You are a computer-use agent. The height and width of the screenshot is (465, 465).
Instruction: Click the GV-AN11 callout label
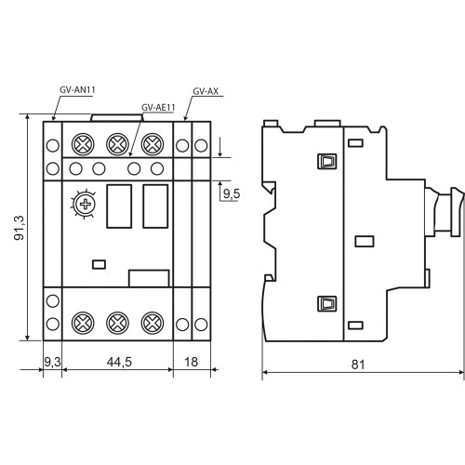tap(77, 90)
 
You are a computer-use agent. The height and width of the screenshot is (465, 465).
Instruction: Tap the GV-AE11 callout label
tap(158, 107)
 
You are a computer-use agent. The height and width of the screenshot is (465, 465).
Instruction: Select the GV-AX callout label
tap(206, 91)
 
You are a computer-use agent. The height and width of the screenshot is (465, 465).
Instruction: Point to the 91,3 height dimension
tap(20, 228)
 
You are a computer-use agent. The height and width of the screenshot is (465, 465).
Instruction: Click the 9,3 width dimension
tap(52, 362)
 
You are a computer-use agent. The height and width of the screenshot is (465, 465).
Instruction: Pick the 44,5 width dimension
tap(119, 362)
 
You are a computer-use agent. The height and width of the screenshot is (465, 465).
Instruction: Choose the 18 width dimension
tap(191, 362)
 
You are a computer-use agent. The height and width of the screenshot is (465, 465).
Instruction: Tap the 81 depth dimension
tap(358, 365)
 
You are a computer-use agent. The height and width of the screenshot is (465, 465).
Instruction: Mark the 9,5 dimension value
tap(232, 193)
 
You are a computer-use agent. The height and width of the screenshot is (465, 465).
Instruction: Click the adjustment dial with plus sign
tap(84, 204)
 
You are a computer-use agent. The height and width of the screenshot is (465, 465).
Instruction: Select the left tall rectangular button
tap(119, 206)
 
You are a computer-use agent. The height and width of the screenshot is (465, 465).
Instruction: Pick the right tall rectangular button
tap(155, 206)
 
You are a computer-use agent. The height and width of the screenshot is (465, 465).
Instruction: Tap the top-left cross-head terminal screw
tap(83, 144)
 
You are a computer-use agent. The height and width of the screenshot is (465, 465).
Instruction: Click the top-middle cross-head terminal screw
tap(117, 144)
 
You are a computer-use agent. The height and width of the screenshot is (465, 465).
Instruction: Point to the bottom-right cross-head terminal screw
tap(153, 323)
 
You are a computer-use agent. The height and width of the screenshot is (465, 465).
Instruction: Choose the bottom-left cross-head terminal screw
tap(83, 323)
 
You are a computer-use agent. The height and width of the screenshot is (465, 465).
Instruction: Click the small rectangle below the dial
tap(100, 264)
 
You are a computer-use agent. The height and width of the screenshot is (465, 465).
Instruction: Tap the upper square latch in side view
tap(327, 161)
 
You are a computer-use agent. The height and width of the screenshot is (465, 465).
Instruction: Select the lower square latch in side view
tap(327, 304)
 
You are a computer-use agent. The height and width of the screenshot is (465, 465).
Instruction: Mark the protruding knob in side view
tap(445, 211)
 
